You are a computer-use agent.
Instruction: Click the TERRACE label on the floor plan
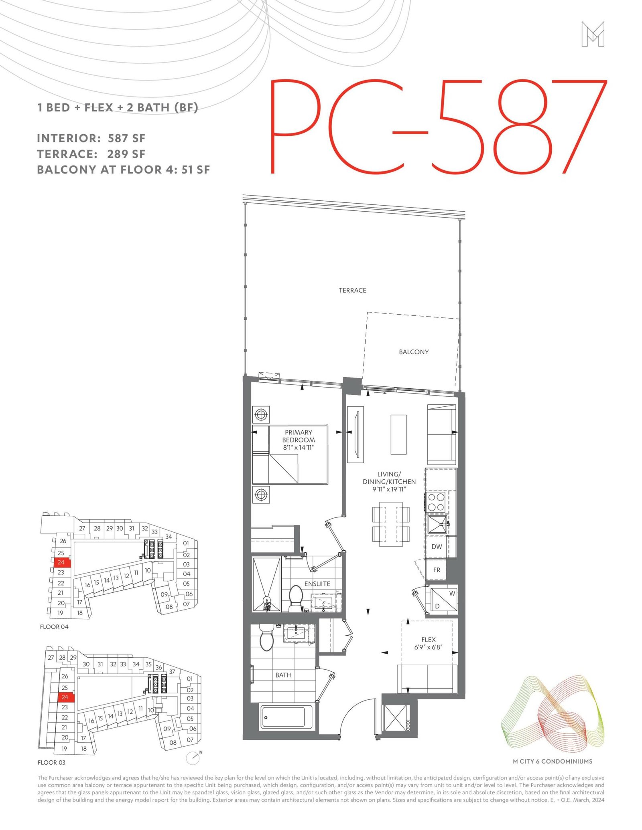coord(352,290)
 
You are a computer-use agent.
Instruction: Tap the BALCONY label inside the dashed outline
coord(414,352)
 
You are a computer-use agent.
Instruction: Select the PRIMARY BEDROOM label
coord(299,436)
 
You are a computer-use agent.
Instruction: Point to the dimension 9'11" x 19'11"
coord(389,489)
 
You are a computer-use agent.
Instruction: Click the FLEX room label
coord(429,640)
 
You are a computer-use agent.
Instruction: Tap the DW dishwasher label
coord(437,547)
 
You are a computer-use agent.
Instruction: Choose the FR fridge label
coord(437,570)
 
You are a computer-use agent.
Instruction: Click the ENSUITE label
coord(317,584)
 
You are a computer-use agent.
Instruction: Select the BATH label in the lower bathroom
coord(283,675)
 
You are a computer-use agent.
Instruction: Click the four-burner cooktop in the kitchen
coord(436,502)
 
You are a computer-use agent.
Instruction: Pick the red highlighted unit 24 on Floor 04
coord(61,562)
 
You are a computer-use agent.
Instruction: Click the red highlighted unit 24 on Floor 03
coord(65,697)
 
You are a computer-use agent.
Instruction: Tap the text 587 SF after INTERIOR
coord(127,138)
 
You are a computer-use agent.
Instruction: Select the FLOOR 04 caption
coord(54,627)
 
